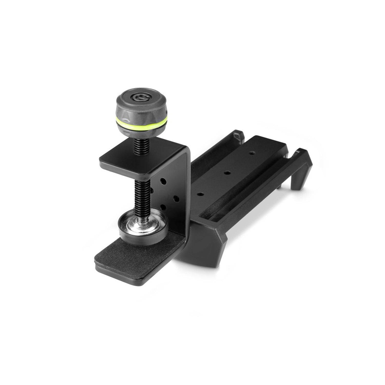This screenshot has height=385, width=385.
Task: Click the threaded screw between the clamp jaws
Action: pyautogui.click(x=140, y=195)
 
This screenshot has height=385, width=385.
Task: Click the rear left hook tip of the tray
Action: pyautogui.click(x=238, y=134)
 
